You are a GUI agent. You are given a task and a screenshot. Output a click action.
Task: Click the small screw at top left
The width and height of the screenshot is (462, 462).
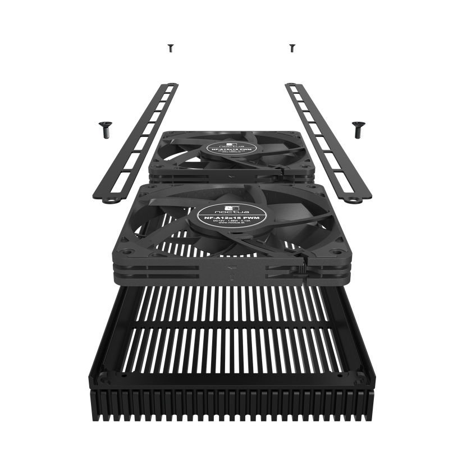(x=169, y=48)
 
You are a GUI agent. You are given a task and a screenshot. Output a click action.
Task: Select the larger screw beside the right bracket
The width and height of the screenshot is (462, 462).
(x=355, y=130)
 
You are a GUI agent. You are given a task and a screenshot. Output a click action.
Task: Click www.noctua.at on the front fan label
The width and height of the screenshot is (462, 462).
(x=230, y=228)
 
